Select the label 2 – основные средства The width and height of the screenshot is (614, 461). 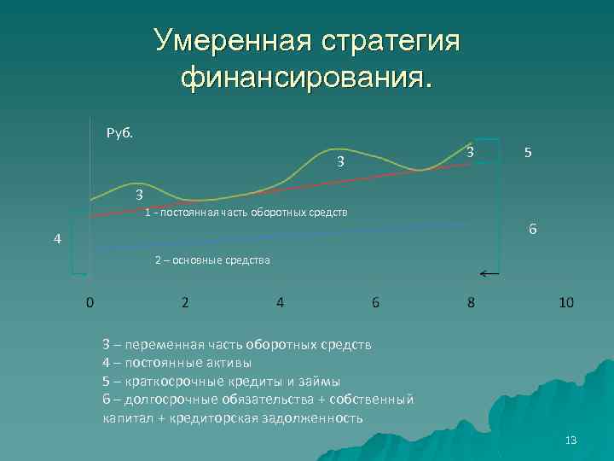212,260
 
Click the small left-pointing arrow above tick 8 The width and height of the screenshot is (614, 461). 489,274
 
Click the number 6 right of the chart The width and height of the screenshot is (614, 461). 532,230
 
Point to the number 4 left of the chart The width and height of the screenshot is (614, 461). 57,240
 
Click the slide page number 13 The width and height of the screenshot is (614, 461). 571,441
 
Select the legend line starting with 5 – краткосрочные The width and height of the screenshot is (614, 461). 221,381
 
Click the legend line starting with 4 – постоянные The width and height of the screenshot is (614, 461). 177,363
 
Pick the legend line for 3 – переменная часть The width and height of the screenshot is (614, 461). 236,345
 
